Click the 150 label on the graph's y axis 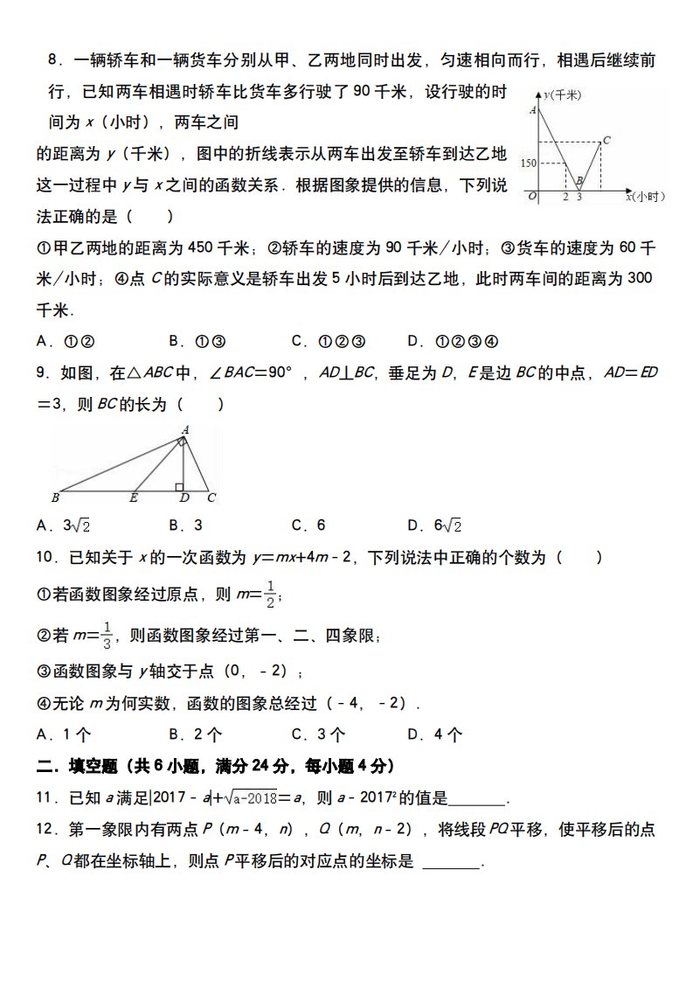click(526, 163)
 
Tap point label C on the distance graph click(606, 139)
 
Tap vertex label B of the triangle click(55, 498)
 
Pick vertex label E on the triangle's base click(134, 498)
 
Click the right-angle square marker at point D click(179, 486)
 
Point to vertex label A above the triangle click(185, 429)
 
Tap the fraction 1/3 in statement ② click(107, 634)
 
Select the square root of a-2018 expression click(252, 798)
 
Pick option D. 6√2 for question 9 click(434, 525)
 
